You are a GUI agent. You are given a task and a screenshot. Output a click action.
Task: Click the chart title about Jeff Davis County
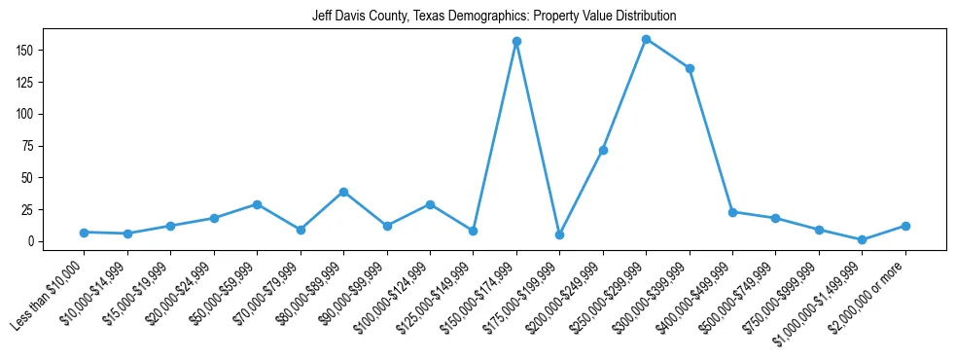pos(494,16)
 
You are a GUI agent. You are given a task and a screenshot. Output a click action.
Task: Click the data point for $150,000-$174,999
pos(516,41)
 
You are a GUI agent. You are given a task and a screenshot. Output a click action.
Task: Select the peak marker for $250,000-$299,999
pos(646,39)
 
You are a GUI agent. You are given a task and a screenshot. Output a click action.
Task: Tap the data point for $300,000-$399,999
pos(690,68)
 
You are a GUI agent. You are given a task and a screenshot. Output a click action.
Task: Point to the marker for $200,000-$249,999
pos(603,150)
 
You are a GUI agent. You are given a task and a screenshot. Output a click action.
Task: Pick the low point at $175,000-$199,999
pos(559,234)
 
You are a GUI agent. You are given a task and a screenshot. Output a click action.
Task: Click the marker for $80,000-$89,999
pos(343,192)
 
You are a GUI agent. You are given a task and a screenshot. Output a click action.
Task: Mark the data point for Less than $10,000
pos(85,233)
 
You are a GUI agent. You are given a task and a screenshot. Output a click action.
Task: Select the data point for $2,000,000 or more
pos(905,226)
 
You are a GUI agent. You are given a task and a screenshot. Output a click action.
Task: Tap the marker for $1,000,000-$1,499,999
pos(862,239)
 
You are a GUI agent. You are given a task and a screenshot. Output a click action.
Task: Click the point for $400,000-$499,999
pos(732,212)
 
